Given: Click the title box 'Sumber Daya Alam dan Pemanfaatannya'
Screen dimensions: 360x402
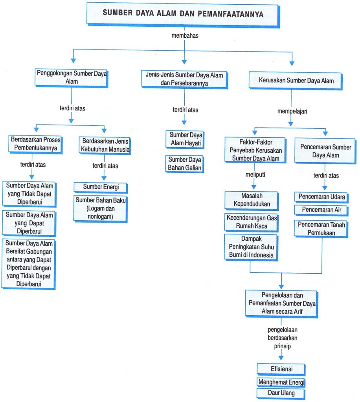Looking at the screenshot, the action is click(183, 15).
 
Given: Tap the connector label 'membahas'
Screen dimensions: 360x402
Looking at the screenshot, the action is click(185, 35).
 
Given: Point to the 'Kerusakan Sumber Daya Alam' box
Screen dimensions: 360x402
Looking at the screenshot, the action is click(296, 81).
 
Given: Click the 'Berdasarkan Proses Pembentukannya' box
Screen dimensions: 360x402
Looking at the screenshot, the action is click(35, 144).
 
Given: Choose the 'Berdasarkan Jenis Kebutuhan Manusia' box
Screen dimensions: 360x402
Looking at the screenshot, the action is click(105, 145).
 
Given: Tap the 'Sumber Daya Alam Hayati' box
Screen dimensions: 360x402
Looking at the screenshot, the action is click(185, 139).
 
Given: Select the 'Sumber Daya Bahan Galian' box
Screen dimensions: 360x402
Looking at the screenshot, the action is click(184, 164).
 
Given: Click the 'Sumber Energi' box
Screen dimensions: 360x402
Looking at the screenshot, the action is click(101, 187).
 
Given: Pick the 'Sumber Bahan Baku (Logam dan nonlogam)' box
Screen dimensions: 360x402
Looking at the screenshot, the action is click(100, 208).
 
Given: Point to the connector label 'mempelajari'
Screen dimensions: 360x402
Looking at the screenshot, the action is click(292, 111).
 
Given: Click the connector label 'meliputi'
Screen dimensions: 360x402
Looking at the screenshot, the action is click(255, 175).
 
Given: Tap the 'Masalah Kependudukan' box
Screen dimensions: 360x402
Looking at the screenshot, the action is click(252, 200).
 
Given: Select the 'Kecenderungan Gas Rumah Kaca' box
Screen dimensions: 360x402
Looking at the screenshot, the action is click(251, 222).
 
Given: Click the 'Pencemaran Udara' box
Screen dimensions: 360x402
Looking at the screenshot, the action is click(321, 197).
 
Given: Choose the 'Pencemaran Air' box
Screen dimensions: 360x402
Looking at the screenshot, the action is click(321, 210).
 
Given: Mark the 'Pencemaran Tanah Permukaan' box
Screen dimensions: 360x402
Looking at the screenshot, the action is click(321, 229).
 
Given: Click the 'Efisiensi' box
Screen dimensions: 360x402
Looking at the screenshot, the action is click(281, 369).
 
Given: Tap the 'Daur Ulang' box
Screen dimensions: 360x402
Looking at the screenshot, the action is click(281, 393).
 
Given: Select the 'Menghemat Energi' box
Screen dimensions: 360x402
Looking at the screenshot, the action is click(281, 382).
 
